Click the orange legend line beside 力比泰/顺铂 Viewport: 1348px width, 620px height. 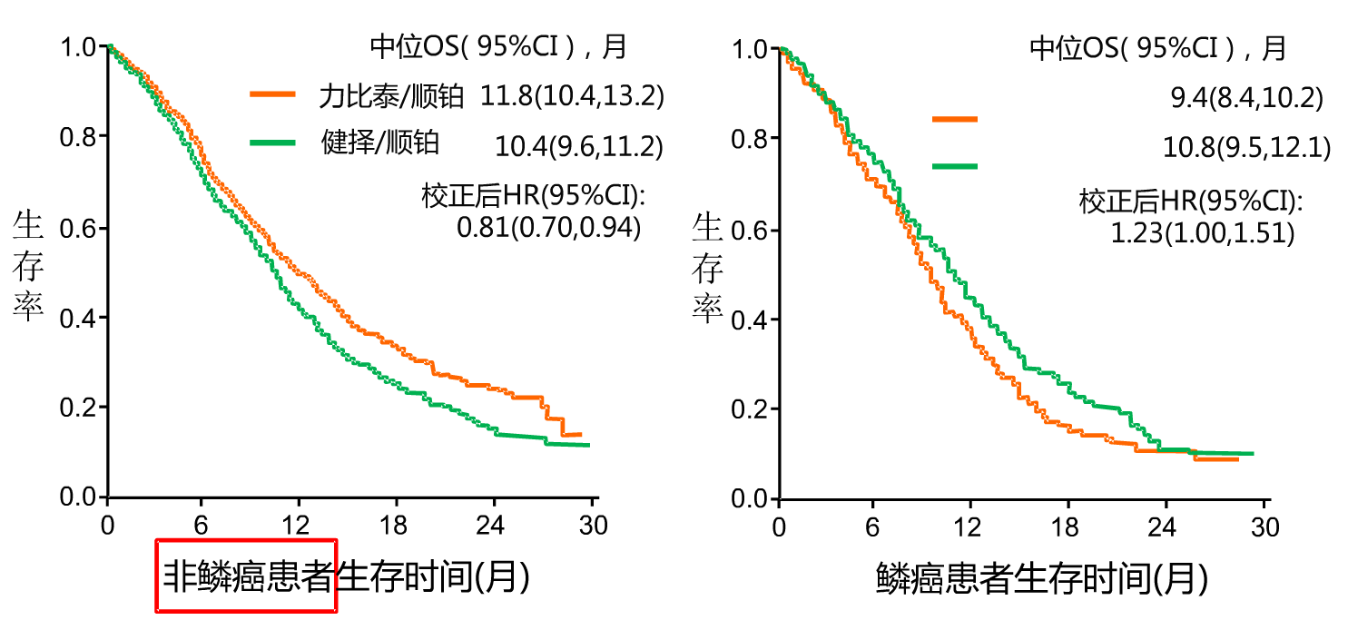click(x=272, y=93)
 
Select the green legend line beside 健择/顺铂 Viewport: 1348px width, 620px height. click(x=272, y=142)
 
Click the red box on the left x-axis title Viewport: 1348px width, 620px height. click(x=247, y=576)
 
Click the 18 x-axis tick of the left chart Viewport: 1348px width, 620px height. click(x=397, y=526)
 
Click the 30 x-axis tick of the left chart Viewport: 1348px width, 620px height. click(x=592, y=526)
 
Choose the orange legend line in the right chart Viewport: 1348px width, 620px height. click(x=955, y=118)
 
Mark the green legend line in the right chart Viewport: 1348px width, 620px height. click(x=955, y=166)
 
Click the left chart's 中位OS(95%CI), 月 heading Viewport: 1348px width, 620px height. click(x=498, y=46)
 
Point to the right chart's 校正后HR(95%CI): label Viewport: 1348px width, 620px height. click(x=1190, y=201)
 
